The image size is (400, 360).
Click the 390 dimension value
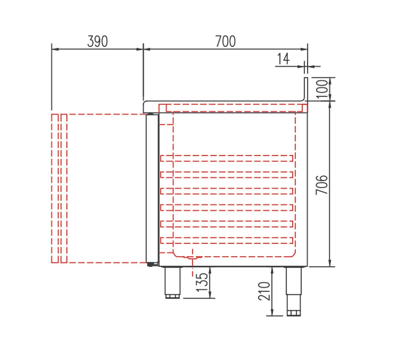click(x=97, y=41)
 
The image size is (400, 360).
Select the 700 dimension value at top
click(x=225, y=41)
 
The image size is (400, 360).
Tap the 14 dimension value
click(x=283, y=59)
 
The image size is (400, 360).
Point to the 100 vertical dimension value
click(x=322, y=89)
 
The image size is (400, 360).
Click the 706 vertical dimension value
click(x=322, y=184)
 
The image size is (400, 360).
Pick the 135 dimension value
click(x=202, y=282)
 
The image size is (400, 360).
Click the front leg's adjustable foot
click(x=173, y=296)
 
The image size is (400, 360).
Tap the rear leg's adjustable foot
click(x=293, y=313)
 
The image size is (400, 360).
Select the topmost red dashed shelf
click(x=227, y=158)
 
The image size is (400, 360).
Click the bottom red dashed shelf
click(x=227, y=240)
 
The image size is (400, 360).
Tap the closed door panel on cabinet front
click(x=152, y=188)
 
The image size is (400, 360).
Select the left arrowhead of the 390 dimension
click(x=54, y=49)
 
